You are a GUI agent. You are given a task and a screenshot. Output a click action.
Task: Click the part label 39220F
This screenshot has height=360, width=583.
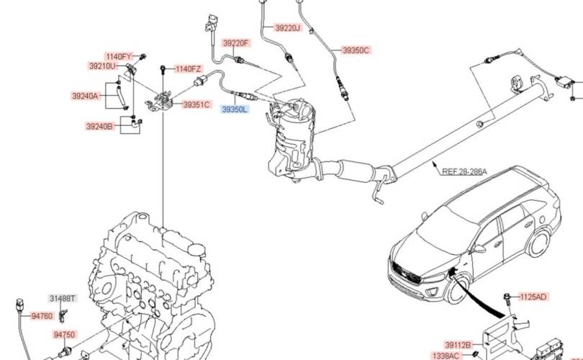(x=235, y=43)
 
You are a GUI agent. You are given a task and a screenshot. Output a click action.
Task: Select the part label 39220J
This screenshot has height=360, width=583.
(x=289, y=28)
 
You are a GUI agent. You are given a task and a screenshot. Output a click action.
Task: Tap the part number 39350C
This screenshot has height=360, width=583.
(x=356, y=50)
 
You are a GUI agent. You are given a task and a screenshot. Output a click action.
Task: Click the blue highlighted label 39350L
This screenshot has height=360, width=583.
(x=235, y=109)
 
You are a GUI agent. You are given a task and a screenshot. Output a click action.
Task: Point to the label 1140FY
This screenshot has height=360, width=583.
(x=119, y=56)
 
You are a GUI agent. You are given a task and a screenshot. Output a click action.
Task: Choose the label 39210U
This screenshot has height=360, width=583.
(x=102, y=66)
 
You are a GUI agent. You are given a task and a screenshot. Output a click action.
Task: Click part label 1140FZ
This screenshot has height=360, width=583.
(x=188, y=69)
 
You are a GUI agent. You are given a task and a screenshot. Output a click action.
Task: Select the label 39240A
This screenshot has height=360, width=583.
(x=85, y=96)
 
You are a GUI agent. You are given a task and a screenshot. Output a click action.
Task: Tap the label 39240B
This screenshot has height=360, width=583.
(x=99, y=126)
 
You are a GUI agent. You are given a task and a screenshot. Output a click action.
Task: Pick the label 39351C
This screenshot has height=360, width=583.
(x=196, y=105)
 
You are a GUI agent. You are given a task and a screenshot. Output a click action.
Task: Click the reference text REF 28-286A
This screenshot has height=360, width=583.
(x=464, y=171)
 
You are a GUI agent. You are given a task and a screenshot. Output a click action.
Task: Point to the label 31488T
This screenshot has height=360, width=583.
(x=62, y=297)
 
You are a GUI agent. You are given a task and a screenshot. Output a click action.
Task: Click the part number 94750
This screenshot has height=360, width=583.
(x=64, y=335)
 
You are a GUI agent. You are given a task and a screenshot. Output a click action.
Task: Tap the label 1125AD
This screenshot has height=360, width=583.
(x=533, y=296)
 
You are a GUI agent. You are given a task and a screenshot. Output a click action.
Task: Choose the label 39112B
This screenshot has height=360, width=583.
(x=458, y=344)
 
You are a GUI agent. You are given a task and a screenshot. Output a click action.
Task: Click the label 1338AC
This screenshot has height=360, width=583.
(x=446, y=356)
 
